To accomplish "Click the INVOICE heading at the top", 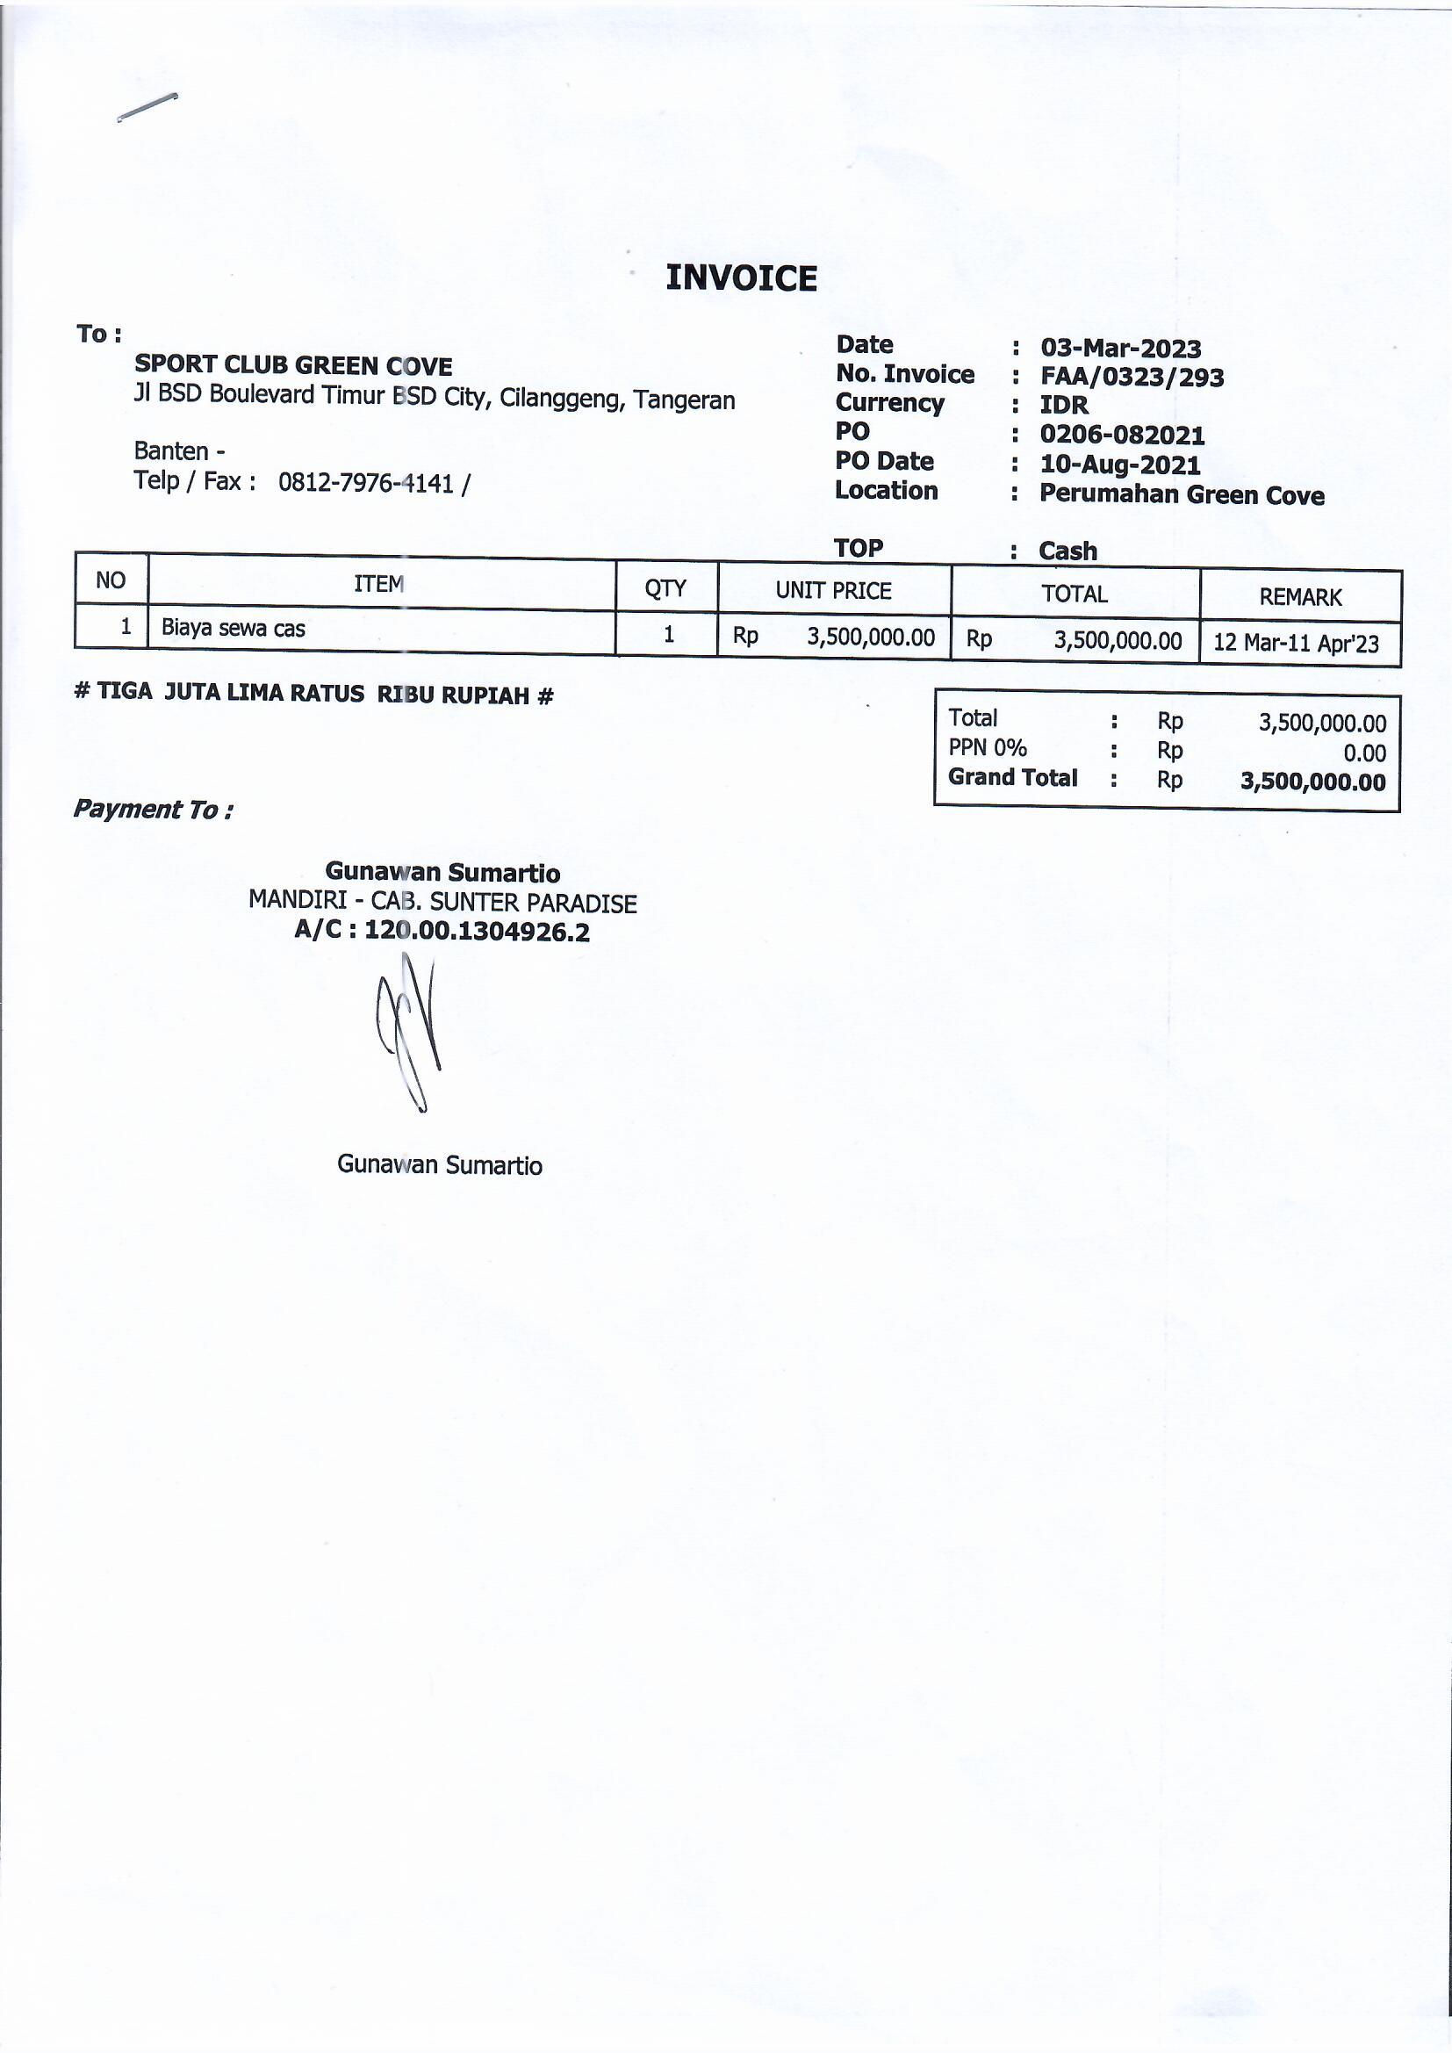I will [x=740, y=278].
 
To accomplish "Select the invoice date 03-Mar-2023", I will [x=1119, y=348].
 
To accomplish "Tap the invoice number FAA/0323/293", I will [x=1131, y=378].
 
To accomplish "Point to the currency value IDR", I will [x=1063, y=405].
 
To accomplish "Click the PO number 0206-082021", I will [x=1121, y=436].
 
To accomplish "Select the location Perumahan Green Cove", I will [x=1181, y=494].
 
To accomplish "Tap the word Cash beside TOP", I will [x=1067, y=551].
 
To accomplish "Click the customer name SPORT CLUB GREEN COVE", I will [x=293, y=364].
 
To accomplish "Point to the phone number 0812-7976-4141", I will [x=366, y=483].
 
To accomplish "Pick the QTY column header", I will [x=665, y=587].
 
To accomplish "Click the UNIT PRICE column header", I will [x=832, y=590].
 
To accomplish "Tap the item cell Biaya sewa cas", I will [x=234, y=629].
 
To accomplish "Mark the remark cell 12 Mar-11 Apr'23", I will [x=1296, y=644].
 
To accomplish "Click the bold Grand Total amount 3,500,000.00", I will [x=1312, y=782].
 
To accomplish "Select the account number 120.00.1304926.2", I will [x=477, y=932].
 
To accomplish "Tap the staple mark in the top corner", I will [x=147, y=106].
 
